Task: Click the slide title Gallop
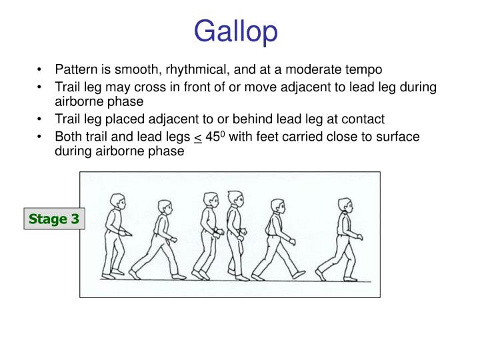pos(237,31)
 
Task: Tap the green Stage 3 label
pos(54,219)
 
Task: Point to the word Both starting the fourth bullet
pos(68,137)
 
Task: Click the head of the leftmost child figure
pos(116,201)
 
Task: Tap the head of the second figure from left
pos(163,208)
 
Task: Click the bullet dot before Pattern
pos(42,69)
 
